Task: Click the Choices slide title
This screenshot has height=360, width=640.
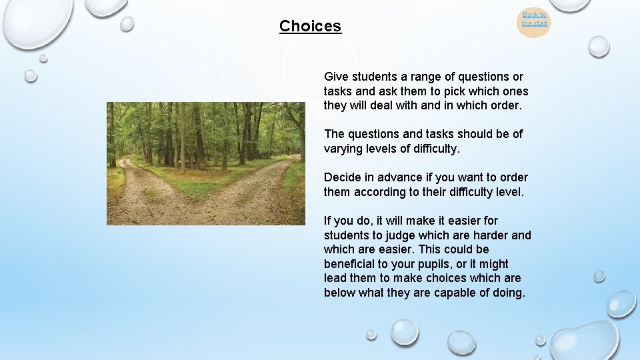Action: [310, 26]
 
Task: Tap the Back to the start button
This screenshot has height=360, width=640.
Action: [534, 19]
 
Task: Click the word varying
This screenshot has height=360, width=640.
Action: [344, 149]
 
